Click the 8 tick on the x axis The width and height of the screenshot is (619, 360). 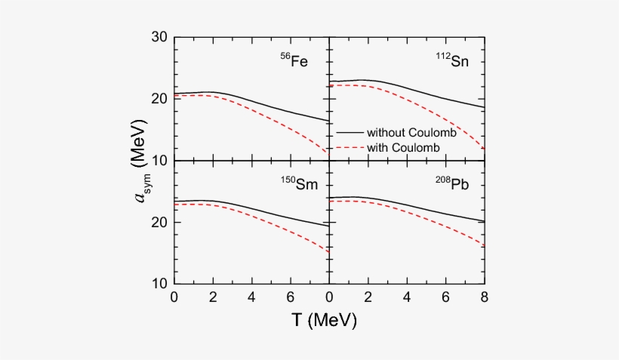pyautogui.click(x=484, y=298)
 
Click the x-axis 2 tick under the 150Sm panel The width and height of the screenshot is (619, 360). pyautogui.click(x=213, y=298)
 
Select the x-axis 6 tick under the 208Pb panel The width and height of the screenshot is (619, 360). pyautogui.click(x=445, y=298)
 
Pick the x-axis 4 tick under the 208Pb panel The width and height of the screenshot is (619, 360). pyautogui.click(x=407, y=298)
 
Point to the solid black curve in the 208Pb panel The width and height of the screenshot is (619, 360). pyautogui.click(x=423, y=209)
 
